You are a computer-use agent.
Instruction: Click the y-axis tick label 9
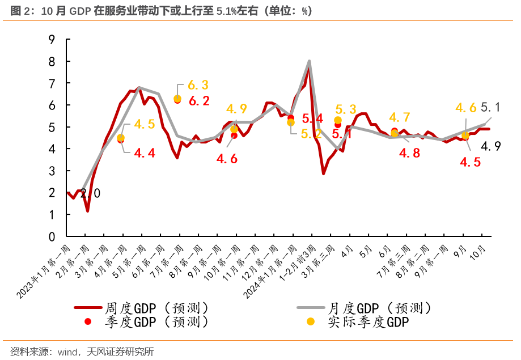(x=52, y=40)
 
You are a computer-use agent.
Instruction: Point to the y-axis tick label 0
(x=52, y=236)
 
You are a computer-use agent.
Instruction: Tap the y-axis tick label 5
(x=52, y=127)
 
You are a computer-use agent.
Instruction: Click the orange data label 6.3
(x=198, y=85)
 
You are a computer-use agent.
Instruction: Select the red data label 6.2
(x=199, y=101)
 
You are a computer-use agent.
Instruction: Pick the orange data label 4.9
(x=236, y=109)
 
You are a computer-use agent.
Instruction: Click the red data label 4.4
(x=144, y=153)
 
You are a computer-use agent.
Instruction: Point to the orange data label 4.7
(x=399, y=117)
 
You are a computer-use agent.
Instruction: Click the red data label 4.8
(x=409, y=153)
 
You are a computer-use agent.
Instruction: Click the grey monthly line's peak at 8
(x=309, y=61)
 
